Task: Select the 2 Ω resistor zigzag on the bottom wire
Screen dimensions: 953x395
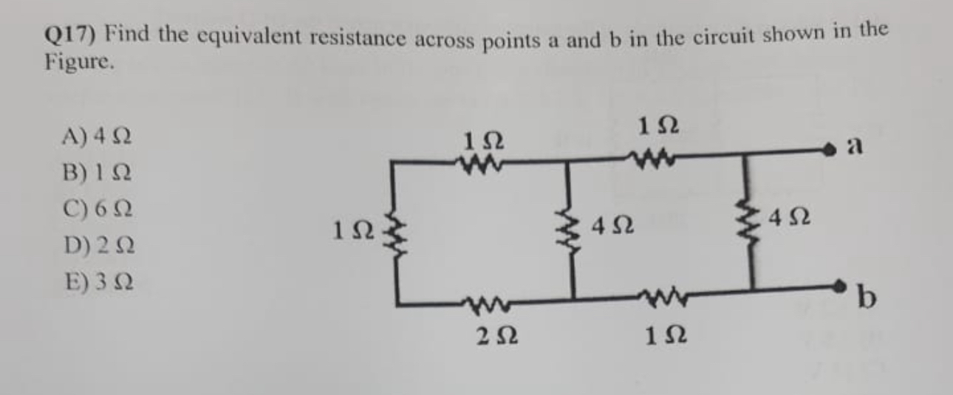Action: tap(484, 301)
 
